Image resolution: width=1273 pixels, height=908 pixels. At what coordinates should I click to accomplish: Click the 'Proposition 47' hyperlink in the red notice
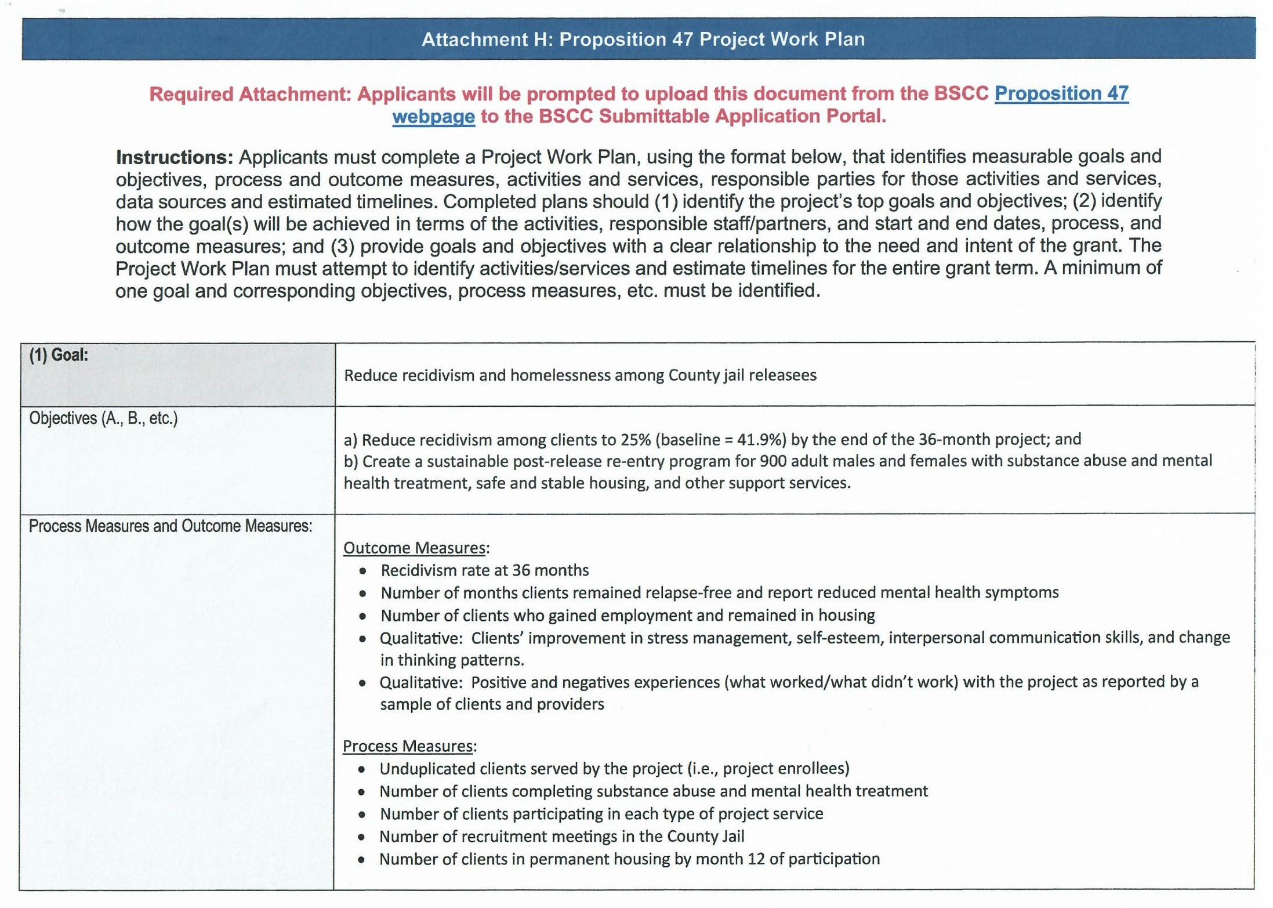(1061, 93)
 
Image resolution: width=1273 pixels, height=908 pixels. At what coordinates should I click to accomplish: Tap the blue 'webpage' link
(433, 117)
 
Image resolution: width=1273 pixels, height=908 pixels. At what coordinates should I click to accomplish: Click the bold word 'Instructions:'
(174, 157)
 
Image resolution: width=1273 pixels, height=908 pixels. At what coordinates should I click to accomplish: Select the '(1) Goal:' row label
(59, 355)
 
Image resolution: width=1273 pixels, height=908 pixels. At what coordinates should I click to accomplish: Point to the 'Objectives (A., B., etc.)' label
(103, 418)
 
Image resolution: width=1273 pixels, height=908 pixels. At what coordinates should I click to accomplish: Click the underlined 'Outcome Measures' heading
(415, 548)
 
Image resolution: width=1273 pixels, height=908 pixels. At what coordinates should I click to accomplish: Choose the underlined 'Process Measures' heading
(408, 746)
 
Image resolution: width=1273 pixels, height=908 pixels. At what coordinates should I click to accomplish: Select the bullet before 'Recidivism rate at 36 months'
(363, 571)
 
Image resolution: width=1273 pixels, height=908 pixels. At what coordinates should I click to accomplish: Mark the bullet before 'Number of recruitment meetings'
(362, 837)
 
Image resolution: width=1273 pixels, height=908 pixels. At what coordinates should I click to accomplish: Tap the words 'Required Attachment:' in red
(250, 94)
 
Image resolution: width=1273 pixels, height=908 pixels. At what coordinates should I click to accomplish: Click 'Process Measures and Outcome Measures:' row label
(171, 526)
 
